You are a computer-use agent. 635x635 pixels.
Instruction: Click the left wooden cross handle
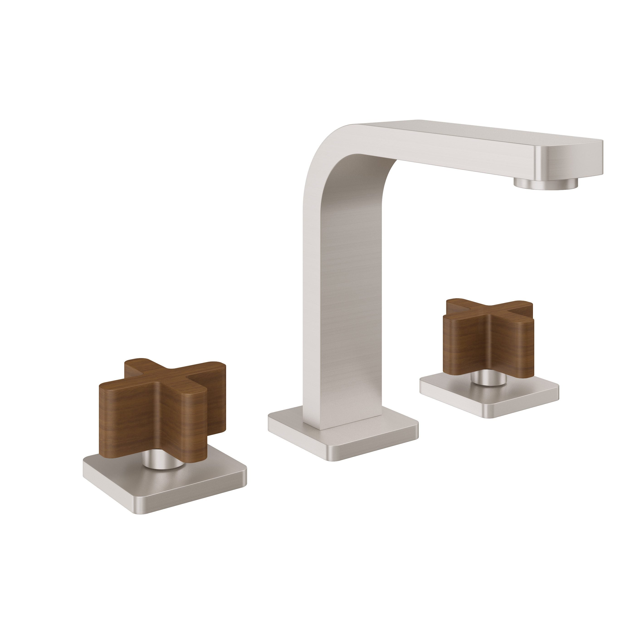[161, 411]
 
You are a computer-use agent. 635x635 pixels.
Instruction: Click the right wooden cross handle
[486, 339]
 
